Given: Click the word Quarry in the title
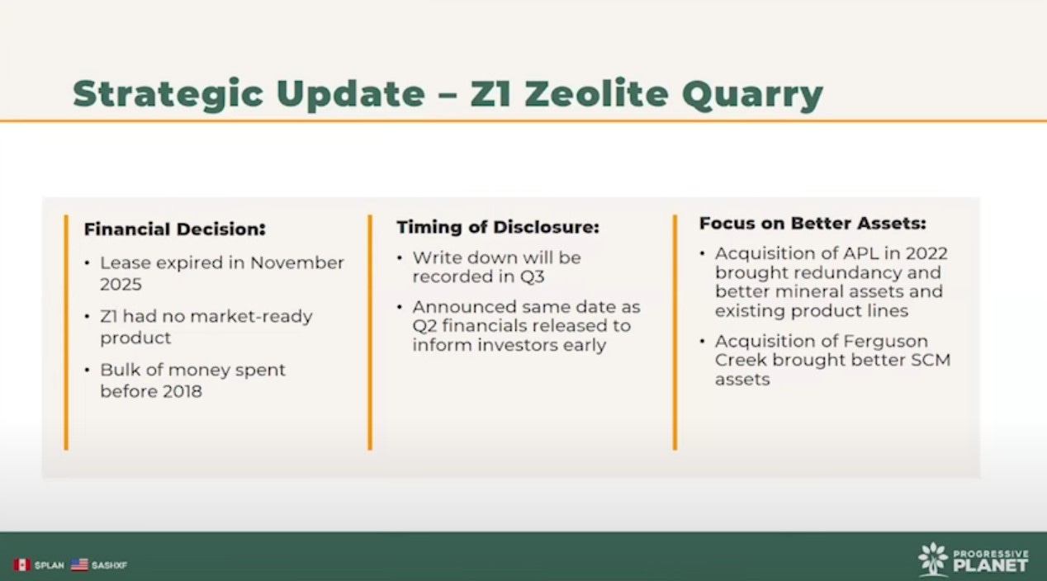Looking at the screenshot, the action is pyautogui.click(x=752, y=95).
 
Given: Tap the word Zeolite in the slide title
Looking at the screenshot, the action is pyautogui.click(x=596, y=93).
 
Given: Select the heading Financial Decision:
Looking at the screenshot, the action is pyautogui.click(x=175, y=229).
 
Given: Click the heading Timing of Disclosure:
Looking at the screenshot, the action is pyautogui.click(x=498, y=228).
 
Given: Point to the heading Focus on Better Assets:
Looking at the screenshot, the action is pyautogui.click(x=812, y=224).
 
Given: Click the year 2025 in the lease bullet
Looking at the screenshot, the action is pyautogui.click(x=121, y=284).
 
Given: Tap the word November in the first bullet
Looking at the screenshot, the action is pyautogui.click(x=297, y=262).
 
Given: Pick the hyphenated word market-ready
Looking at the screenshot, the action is pyautogui.click(x=252, y=317).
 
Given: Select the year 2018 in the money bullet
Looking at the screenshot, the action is pyautogui.click(x=182, y=391).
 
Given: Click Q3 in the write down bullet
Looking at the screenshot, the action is pyautogui.click(x=533, y=276).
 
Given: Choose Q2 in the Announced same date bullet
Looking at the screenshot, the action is pyautogui.click(x=424, y=326).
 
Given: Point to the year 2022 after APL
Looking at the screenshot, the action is pyautogui.click(x=926, y=253).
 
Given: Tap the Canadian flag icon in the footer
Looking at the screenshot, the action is pyautogui.click(x=21, y=564).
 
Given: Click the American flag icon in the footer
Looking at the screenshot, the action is pyautogui.click(x=79, y=564).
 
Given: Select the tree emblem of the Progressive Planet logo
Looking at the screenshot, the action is pyautogui.click(x=933, y=559).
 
